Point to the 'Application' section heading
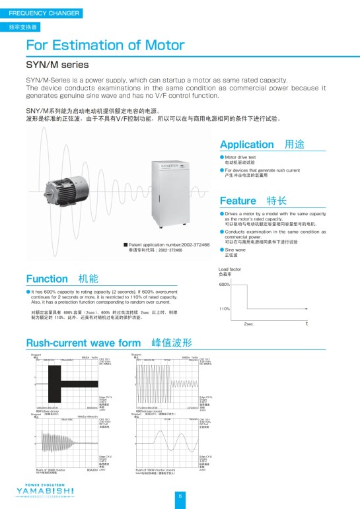tap(246, 145)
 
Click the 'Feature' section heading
tap(238, 201)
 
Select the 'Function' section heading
tap(47, 279)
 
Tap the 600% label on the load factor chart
tap(224, 285)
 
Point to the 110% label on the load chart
tap(224, 309)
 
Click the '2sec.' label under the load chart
tap(249, 325)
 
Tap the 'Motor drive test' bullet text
tap(240, 156)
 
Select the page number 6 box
tap(180, 496)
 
